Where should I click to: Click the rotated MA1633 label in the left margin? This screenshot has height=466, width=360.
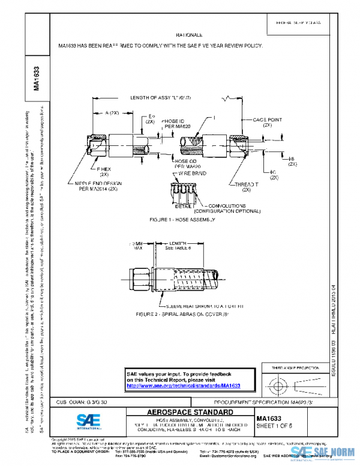tap(37, 78)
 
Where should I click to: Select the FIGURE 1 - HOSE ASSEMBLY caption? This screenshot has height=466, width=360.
tap(183, 220)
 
